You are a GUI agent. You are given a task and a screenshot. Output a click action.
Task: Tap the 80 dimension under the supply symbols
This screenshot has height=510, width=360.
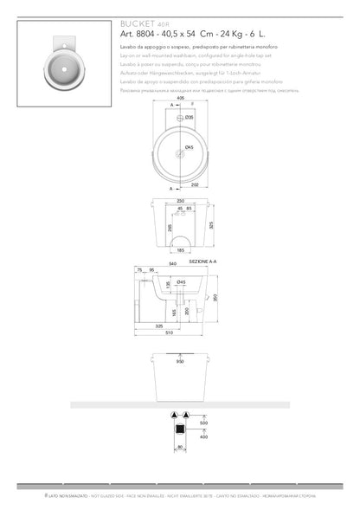click(x=180, y=448)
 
